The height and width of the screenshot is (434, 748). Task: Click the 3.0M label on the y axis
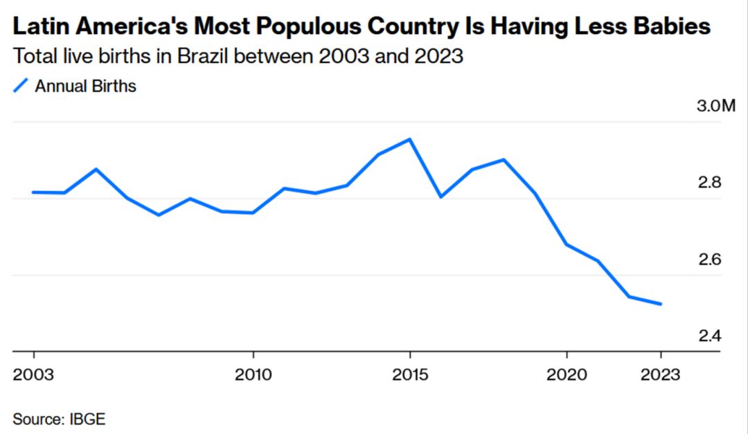(714, 107)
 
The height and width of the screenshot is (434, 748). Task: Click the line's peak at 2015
(410, 139)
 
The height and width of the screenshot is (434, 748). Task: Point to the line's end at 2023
(661, 304)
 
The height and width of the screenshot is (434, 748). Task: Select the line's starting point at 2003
(33, 192)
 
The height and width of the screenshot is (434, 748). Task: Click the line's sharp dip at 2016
(441, 197)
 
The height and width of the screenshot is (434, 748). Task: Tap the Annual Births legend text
(86, 87)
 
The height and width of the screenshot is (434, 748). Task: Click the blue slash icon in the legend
(21, 87)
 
